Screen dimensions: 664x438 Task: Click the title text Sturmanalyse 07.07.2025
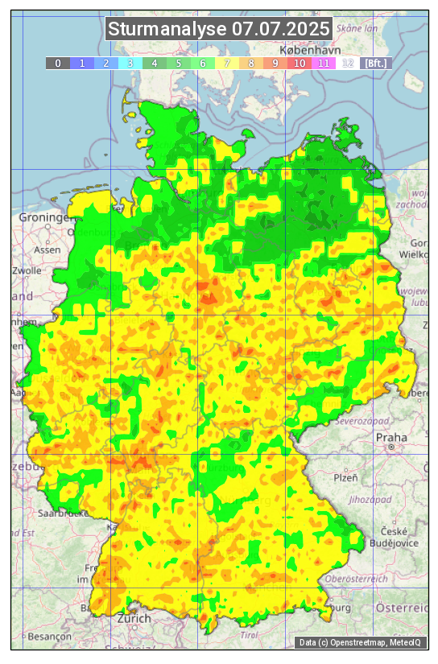click(x=219, y=29)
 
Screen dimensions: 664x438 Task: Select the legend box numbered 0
click(x=58, y=63)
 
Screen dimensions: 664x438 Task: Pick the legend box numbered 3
click(x=130, y=63)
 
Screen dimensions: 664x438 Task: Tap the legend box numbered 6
click(x=203, y=63)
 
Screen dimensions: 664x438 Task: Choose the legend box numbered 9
click(x=275, y=63)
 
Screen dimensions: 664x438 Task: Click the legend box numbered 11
click(x=324, y=63)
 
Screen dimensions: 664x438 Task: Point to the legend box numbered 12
click(x=348, y=63)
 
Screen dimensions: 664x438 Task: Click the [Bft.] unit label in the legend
click(x=375, y=63)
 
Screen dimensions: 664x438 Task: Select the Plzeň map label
click(x=345, y=477)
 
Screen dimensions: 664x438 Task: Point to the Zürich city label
click(x=133, y=618)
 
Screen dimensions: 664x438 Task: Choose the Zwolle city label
click(x=27, y=270)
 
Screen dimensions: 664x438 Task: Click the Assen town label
click(x=48, y=250)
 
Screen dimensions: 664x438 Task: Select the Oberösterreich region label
click(x=357, y=578)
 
